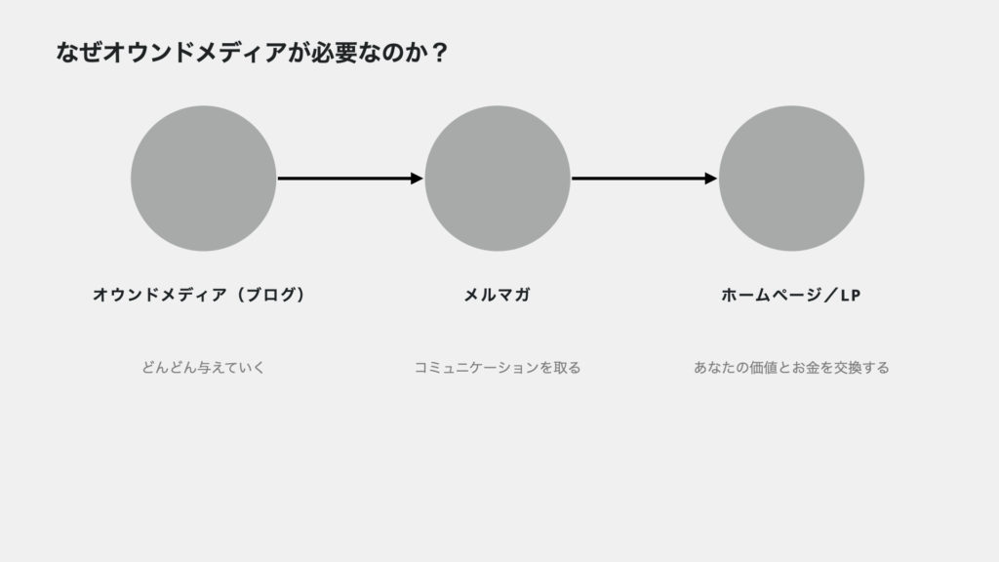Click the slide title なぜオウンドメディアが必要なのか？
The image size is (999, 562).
click(x=253, y=53)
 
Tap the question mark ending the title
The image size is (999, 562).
click(x=439, y=53)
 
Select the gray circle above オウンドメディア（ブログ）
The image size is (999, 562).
click(x=203, y=179)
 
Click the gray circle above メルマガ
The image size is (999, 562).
click(x=498, y=179)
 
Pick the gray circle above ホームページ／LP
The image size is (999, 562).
click(x=791, y=179)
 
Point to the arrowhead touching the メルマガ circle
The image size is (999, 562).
click(x=418, y=179)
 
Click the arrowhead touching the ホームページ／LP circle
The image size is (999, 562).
click(x=711, y=179)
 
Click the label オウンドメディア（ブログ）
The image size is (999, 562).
click(x=200, y=295)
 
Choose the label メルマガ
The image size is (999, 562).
click(x=497, y=295)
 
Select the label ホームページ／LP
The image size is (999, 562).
click(x=790, y=295)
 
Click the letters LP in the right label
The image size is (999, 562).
click(x=851, y=296)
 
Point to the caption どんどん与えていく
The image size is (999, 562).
click(x=203, y=368)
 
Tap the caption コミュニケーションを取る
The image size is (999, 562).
click(x=498, y=368)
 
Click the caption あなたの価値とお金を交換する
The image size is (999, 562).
click(x=791, y=368)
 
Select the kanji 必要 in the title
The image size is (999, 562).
click(x=334, y=53)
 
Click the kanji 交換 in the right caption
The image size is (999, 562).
click(x=848, y=368)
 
